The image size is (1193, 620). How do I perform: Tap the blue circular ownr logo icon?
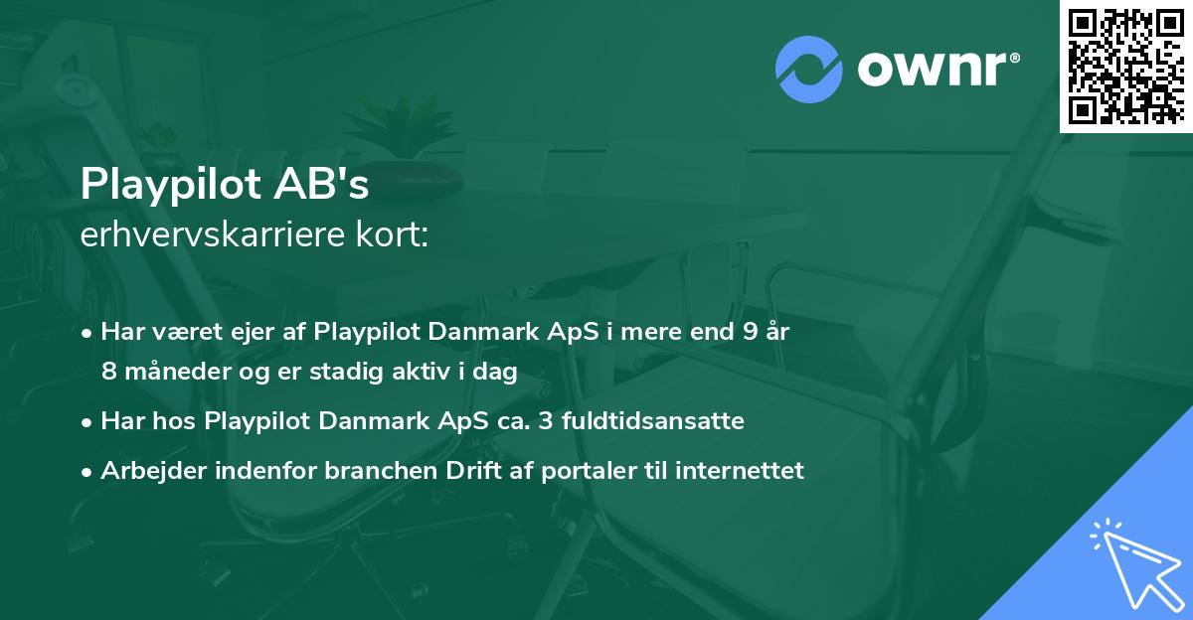point(808,70)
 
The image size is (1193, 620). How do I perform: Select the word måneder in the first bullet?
point(165,371)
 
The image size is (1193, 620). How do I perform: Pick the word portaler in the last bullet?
point(588,471)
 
